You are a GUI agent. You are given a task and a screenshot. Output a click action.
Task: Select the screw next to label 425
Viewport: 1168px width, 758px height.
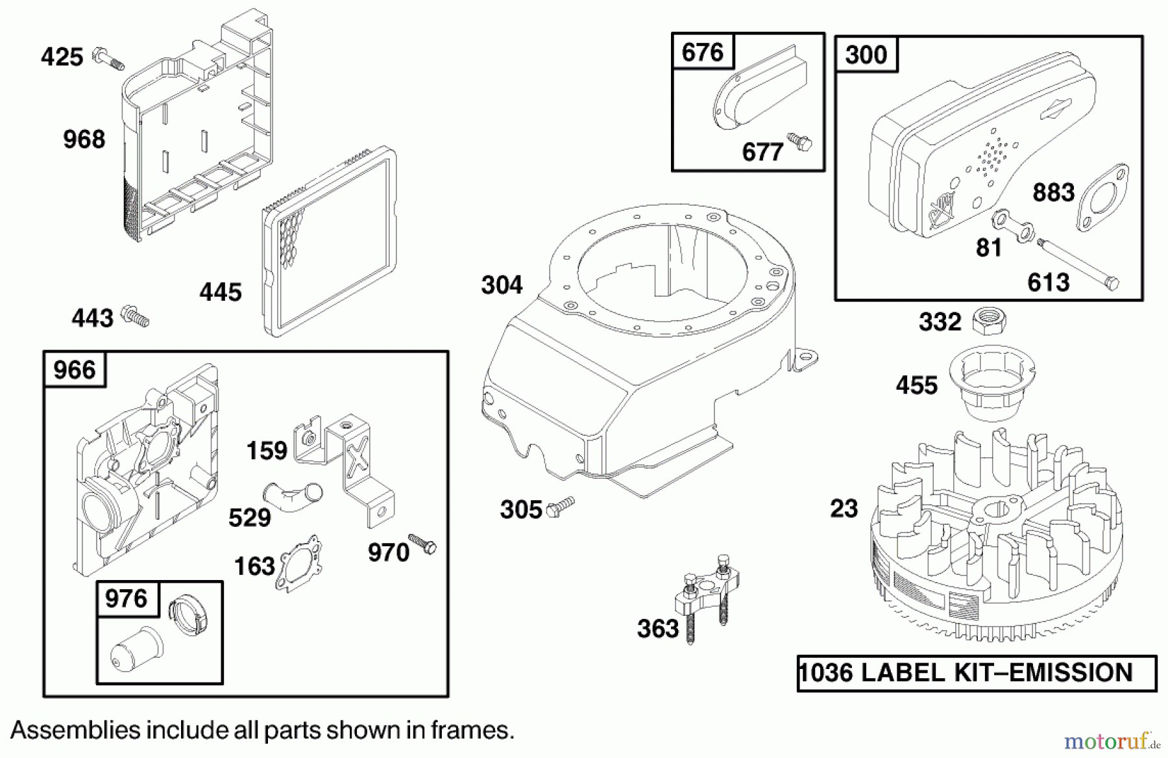point(108,58)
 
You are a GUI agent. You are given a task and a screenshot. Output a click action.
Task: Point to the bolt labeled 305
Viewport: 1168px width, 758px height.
point(561,506)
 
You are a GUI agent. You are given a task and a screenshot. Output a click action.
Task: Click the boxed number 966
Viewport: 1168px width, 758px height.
point(75,370)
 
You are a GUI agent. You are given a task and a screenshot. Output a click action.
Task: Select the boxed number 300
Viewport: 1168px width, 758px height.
point(866,55)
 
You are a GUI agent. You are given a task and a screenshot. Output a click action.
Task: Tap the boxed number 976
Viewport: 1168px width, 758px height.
point(126,598)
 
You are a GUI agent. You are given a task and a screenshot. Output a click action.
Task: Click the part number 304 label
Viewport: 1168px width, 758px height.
point(502,285)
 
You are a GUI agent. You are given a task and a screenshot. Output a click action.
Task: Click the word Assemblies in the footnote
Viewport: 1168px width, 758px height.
point(75,731)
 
